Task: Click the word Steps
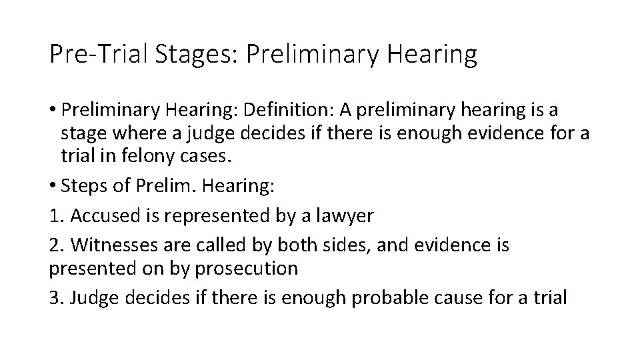[85, 187]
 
